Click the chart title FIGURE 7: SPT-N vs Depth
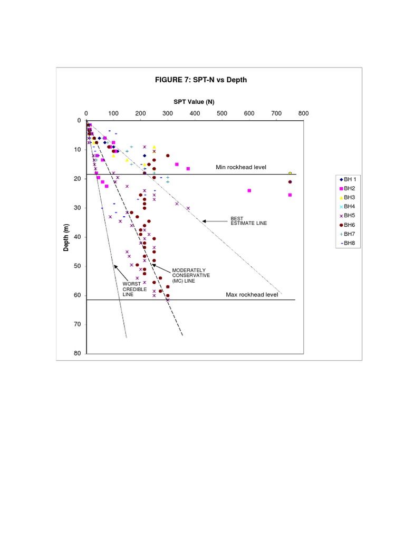200,80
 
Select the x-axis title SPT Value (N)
194,102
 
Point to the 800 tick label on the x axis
303,113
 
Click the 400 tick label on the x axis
195,113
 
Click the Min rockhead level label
241,167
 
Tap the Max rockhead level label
252,295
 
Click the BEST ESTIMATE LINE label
249,220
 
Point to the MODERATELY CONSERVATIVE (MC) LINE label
191,275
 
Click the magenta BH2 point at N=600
249,190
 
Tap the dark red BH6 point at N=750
290,182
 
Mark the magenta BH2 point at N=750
290,195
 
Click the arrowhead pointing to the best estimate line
205,221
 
